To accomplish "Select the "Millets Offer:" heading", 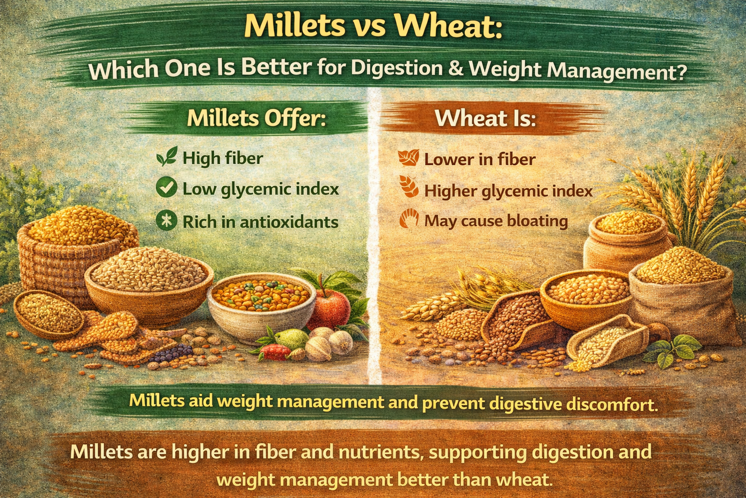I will click(x=256, y=118).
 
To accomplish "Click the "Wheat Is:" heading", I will click(x=485, y=118).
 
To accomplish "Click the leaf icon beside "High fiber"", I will click(x=166, y=157).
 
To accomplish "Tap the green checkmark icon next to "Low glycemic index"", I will click(x=166, y=188).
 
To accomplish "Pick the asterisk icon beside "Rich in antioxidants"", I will click(x=166, y=221).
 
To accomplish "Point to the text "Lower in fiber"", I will click(x=479, y=159).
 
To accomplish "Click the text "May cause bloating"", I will click(x=496, y=221).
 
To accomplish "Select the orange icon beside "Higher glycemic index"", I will click(x=408, y=188).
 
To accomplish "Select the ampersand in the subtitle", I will click(x=456, y=68).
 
